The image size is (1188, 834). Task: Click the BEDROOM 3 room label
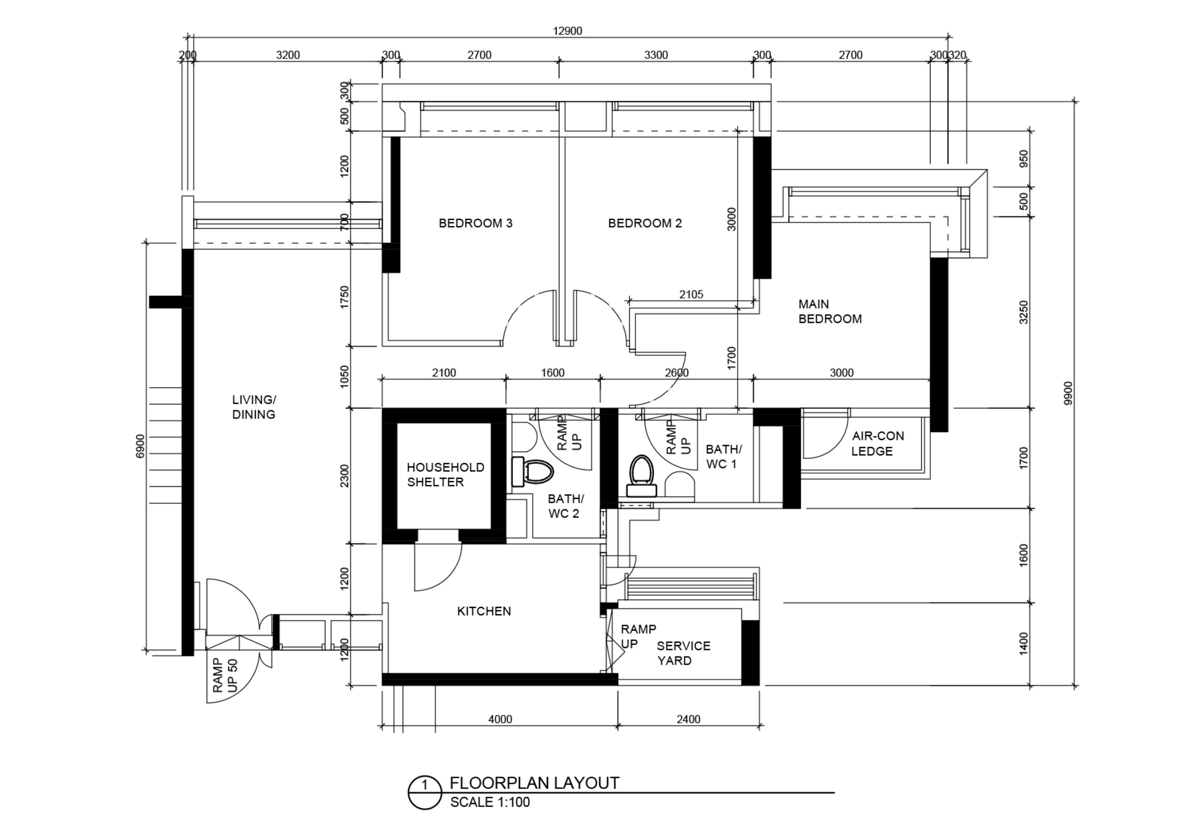click(475, 223)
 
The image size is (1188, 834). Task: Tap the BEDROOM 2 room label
click(645, 223)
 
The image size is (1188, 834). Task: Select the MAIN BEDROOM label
click(830, 311)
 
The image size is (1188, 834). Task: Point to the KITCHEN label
click(484, 611)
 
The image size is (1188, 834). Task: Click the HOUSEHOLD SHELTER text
click(445, 475)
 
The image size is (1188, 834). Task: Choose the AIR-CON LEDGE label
click(878, 444)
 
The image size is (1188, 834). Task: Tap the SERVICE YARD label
click(683, 653)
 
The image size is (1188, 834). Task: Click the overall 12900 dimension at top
click(567, 31)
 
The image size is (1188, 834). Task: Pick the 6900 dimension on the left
click(140, 446)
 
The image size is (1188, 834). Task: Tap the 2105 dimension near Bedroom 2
click(691, 294)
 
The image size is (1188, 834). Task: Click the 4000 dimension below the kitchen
click(500, 719)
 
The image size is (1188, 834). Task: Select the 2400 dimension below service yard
click(689, 719)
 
